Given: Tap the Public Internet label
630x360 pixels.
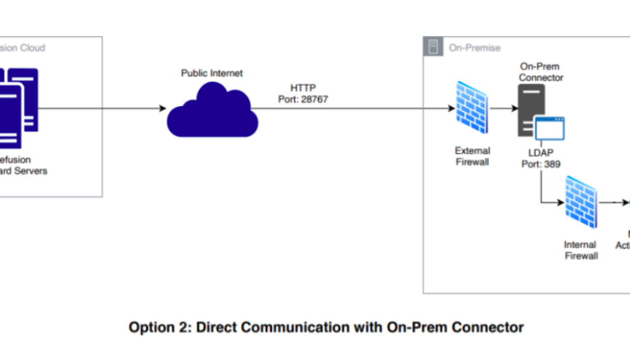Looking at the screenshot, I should (x=212, y=73).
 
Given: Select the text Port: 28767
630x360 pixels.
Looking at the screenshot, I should (x=303, y=99).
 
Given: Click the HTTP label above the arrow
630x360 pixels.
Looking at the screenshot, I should (x=303, y=88).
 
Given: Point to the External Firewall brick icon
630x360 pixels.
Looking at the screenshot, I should (x=473, y=108).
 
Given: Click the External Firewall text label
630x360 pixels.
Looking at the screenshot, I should (x=472, y=156).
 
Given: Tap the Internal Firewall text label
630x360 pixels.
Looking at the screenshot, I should (x=580, y=250).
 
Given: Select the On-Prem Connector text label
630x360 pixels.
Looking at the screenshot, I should (x=541, y=72).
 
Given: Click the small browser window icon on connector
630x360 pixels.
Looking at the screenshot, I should (x=549, y=128).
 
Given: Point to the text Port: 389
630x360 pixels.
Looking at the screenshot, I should (x=541, y=164).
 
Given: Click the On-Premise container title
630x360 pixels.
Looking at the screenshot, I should (x=475, y=48).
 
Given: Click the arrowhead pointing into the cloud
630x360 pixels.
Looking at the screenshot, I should (x=163, y=109).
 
